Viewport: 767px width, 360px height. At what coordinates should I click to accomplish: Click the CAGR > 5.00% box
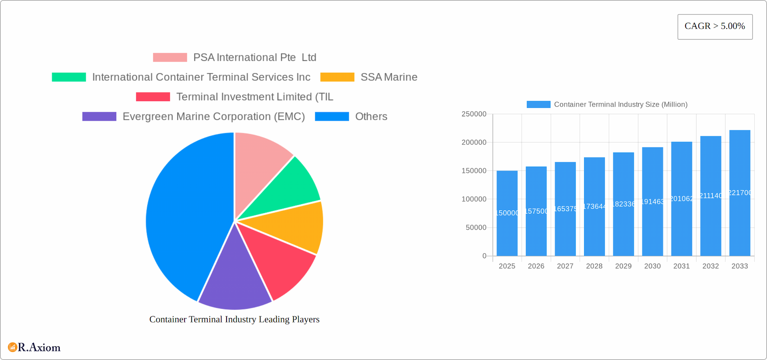click(x=715, y=27)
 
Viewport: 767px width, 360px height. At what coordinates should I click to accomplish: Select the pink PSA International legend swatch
click(x=170, y=58)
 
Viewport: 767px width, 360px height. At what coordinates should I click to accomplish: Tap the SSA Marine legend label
click(x=389, y=77)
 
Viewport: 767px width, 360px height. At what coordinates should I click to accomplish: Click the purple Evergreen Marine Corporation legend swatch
click(x=99, y=117)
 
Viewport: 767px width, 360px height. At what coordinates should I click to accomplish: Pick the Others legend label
click(x=371, y=117)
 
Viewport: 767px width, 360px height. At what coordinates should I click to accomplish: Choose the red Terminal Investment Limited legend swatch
click(x=153, y=97)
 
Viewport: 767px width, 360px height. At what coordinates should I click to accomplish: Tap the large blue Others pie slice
click(x=184, y=216)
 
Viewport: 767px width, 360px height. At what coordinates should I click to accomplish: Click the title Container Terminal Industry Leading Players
click(x=234, y=319)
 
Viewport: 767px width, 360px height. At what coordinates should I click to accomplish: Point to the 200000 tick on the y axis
click(x=474, y=142)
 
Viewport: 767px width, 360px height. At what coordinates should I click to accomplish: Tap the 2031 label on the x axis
click(x=682, y=266)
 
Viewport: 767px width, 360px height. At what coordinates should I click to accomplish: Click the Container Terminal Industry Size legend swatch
click(x=538, y=104)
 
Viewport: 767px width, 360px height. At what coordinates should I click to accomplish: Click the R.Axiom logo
click(x=34, y=347)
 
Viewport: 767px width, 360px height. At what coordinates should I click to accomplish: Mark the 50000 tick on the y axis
click(x=476, y=227)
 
